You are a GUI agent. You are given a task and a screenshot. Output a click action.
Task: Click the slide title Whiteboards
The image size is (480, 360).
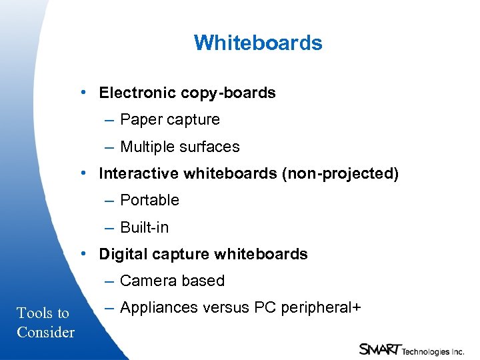(258, 43)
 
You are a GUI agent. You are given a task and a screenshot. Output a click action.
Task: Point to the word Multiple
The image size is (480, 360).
(146, 147)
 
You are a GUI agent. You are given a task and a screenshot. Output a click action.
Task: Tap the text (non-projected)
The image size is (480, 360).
(340, 174)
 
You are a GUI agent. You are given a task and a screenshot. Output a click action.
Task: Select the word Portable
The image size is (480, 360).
(150, 201)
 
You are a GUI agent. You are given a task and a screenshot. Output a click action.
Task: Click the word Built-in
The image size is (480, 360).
(145, 227)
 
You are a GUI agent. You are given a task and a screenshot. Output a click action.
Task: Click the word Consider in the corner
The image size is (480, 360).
(45, 332)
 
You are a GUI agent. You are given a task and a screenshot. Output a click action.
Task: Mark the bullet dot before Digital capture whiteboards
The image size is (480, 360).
(83, 253)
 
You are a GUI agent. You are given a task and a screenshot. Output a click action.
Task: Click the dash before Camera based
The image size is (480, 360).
(109, 281)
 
